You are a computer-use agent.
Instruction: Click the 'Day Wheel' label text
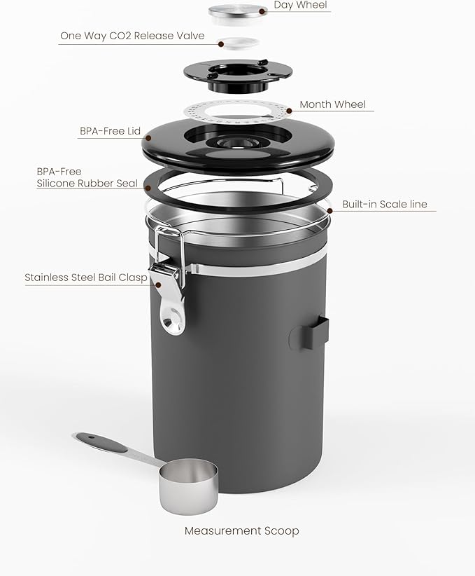(300, 6)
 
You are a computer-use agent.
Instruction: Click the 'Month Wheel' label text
(332, 104)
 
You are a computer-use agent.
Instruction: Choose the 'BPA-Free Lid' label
(110, 131)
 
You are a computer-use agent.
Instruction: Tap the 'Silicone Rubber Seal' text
(90, 184)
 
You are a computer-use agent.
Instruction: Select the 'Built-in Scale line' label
(384, 205)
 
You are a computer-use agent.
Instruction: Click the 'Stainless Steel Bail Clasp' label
(86, 277)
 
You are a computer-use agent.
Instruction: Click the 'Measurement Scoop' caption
(241, 530)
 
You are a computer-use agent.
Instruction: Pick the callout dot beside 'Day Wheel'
(262, 11)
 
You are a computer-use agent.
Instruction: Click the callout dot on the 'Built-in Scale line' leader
(329, 210)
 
